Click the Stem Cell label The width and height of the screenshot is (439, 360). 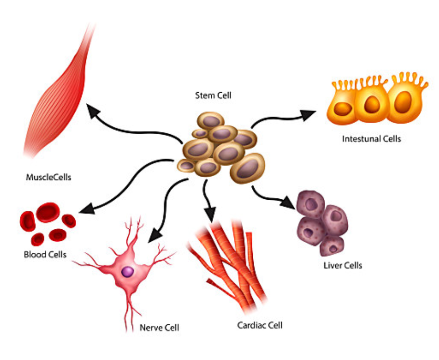[213, 96]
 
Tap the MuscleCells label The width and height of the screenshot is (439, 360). [48, 177]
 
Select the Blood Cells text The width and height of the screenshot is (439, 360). [45, 254]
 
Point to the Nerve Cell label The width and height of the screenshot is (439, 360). [159, 328]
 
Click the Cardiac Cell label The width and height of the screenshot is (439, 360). [260, 325]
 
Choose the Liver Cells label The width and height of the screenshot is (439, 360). [343, 265]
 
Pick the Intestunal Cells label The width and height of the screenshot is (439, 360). [371, 139]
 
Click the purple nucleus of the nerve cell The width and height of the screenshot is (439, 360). [128, 272]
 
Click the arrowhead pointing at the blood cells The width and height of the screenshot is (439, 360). [85, 209]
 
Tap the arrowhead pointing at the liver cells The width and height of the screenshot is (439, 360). [288, 203]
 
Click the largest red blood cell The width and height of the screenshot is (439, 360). [48, 212]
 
